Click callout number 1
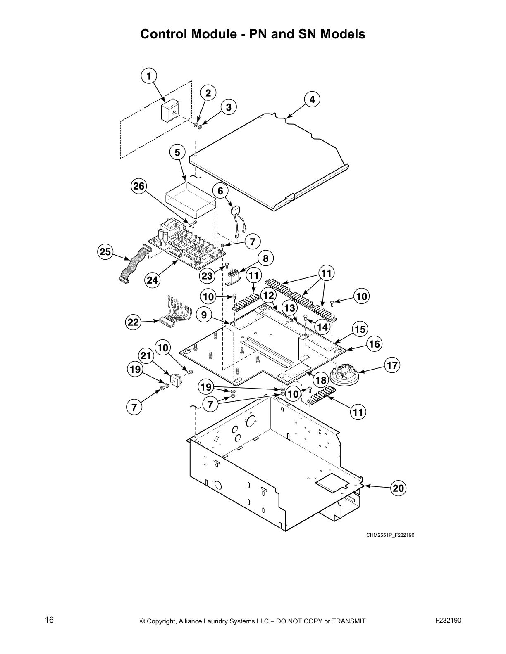pos(149,76)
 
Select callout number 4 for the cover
pos(312,100)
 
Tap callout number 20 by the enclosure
pos(398,488)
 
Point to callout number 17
pos(392,365)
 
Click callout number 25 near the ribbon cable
pos(106,251)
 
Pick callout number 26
pos(139,186)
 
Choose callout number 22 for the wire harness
pos(133,322)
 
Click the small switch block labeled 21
pos(177,380)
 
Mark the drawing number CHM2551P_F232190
pos(390,536)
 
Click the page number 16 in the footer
pos(49,620)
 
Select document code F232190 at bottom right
pos(448,620)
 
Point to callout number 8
pos(265,258)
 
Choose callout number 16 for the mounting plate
pos(374,344)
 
